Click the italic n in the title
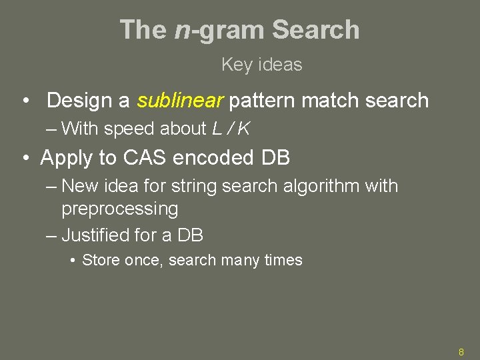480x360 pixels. [182, 31]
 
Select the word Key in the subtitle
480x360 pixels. [235, 65]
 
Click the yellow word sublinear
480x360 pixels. [180, 101]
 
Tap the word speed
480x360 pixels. [138, 129]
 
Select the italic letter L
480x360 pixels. [217, 129]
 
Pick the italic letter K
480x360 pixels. [243, 129]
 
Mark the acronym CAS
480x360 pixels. [141, 158]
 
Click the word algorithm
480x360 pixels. [323, 186]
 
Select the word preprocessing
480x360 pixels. [120, 209]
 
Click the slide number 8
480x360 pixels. [461, 352]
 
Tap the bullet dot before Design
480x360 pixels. [25, 101]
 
